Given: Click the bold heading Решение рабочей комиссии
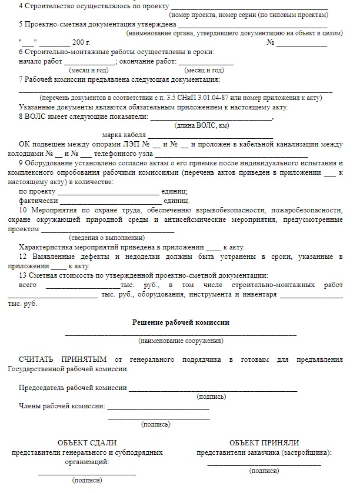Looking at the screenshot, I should (x=180, y=322).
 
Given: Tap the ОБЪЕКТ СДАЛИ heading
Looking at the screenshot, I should (x=87, y=442).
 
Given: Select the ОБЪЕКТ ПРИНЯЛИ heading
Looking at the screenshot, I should (x=264, y=442).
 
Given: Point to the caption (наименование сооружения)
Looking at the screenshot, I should (x=180, y=341).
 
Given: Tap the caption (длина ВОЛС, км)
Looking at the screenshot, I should (x=202, y=125).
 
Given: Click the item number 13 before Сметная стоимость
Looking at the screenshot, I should (x=23, y=275).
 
